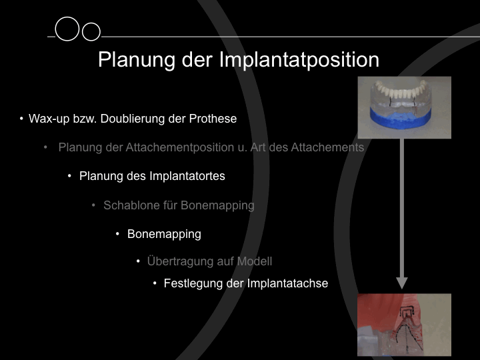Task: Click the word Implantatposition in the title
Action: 299,60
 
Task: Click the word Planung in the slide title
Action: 137,60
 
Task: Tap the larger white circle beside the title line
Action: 67,29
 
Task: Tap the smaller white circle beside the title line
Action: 91,31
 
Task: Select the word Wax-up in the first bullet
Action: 49,119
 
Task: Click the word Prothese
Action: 213,119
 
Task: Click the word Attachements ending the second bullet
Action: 327,147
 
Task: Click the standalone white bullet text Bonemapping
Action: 164,234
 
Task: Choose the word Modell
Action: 255,261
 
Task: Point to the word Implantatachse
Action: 287,283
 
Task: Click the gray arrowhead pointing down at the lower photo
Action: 402,283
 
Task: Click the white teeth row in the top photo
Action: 401,89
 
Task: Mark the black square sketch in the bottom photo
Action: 407,311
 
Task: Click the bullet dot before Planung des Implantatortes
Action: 69,176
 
